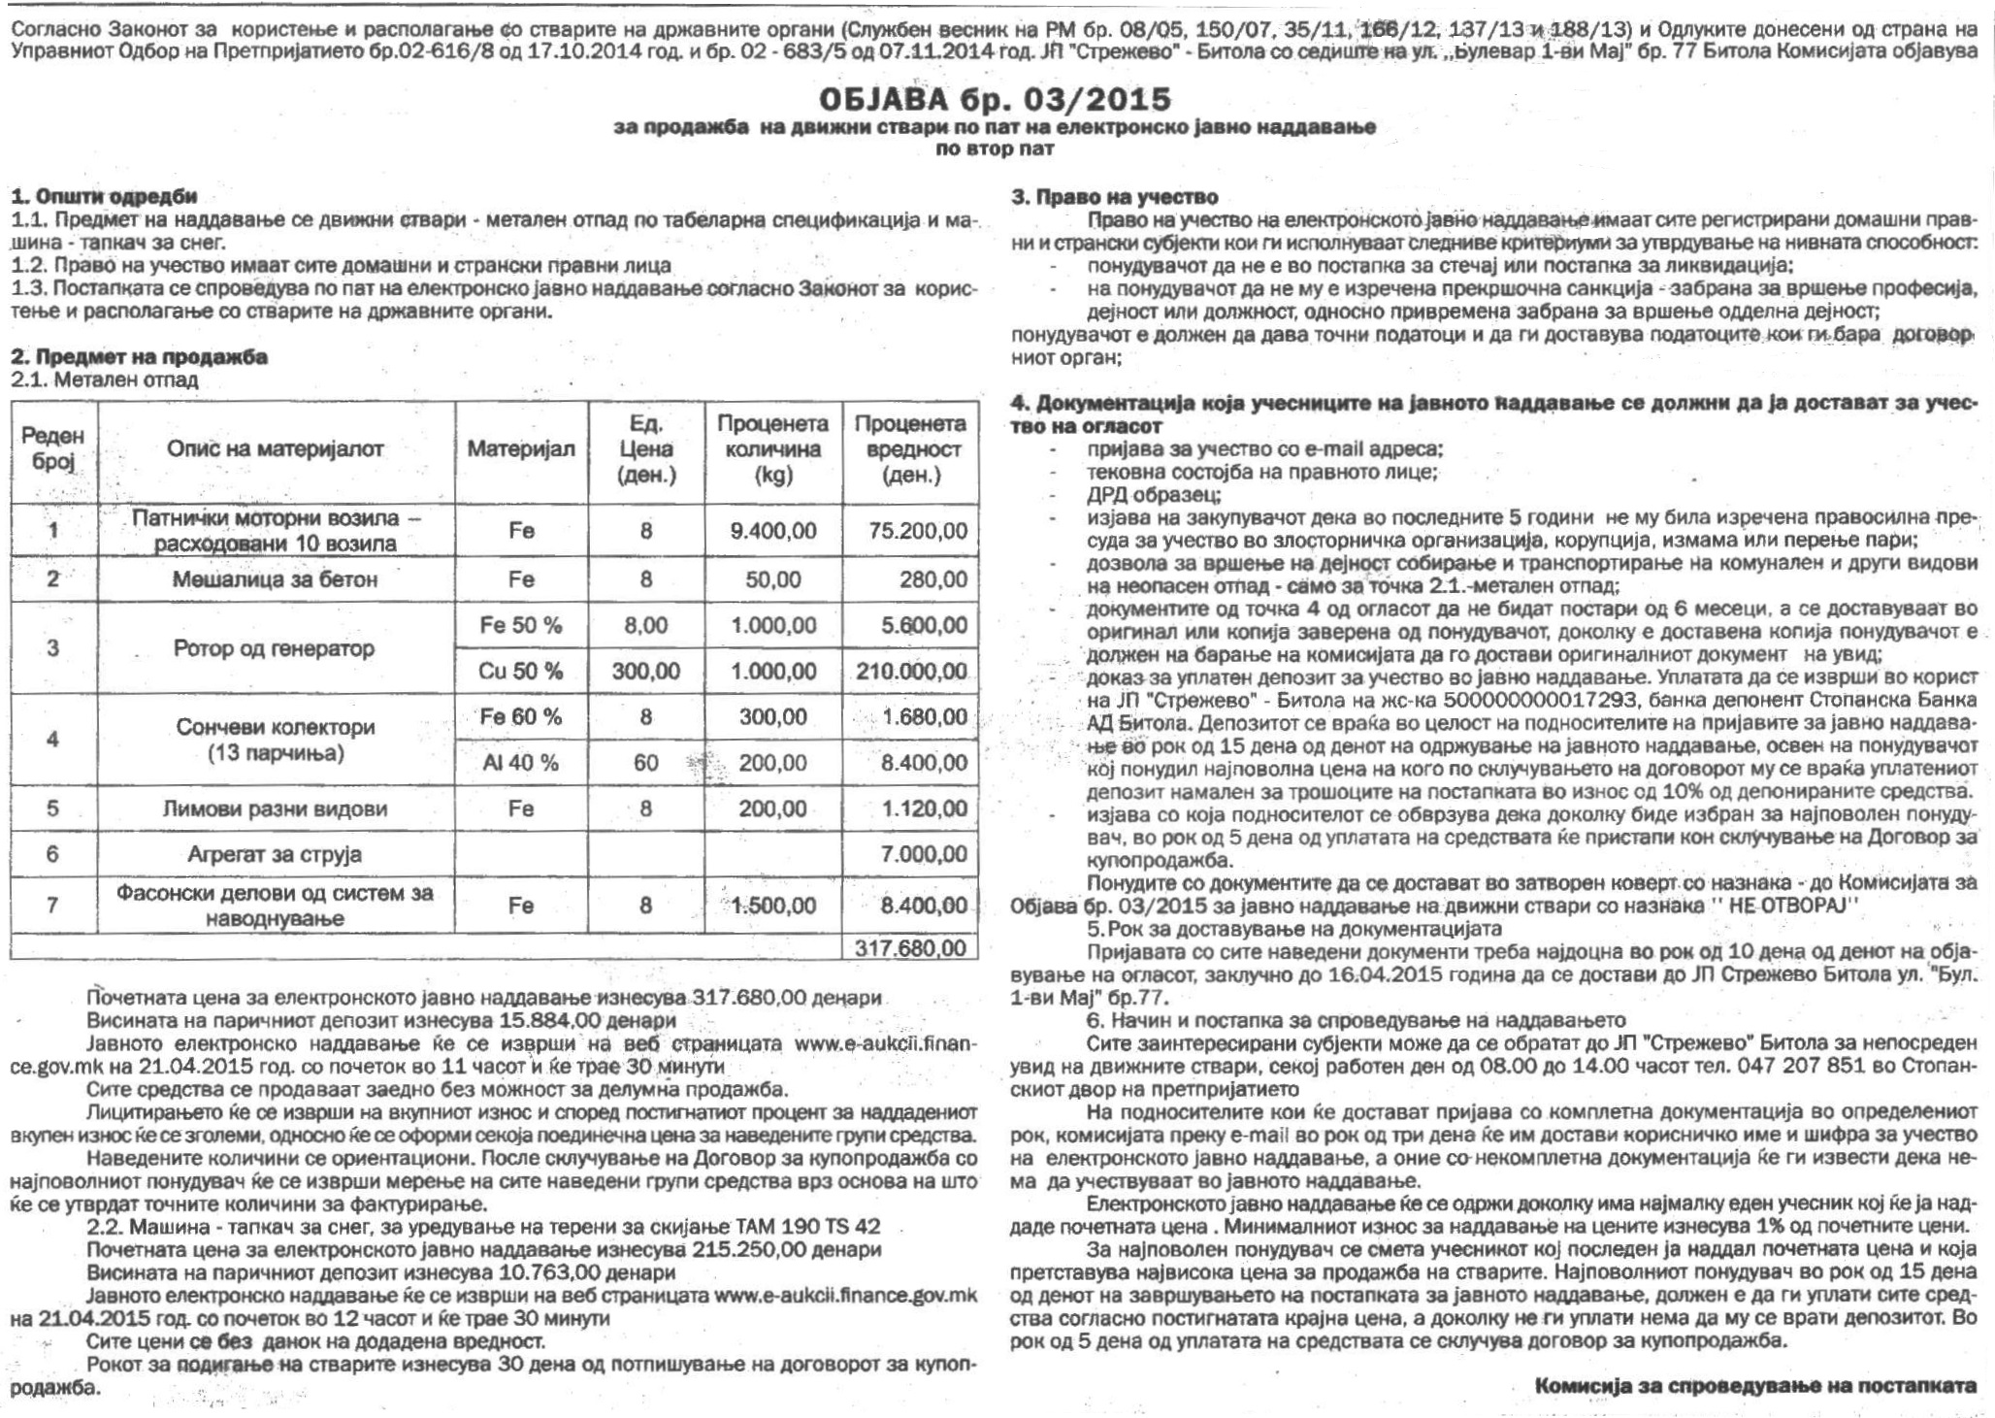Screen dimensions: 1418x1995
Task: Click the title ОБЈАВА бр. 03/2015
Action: pyautogui.click(x=996, y=99)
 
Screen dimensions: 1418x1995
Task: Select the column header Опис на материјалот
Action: pyautogui.click(x=276, y=448)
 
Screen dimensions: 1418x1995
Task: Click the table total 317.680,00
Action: pyautogui.click(x=910, y=947)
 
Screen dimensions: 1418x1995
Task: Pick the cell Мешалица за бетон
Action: pyautogui.click(x=275, y=579)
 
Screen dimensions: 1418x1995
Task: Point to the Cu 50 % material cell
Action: pyautogui.click(x=520, y=671)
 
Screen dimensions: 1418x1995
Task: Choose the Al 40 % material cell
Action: pyautogui.click(x=520, y=763)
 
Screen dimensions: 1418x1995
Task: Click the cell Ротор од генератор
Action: pyautogui.click(x=275, y=647)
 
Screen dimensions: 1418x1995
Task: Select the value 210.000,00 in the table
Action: pyautogui.click(x=911, y=671)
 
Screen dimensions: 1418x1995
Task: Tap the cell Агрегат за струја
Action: pyautogui.click(x=275, y=854)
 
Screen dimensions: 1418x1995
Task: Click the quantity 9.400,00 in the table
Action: pyautogui.click(x=773, y=531)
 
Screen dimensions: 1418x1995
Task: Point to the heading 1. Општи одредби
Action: pyautogui.click(x=104, y=197)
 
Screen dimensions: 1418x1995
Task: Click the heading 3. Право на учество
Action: pyautogui.click(x=1115, y=198)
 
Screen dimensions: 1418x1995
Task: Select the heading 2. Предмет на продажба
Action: pyautogui.click(x=139, y=356)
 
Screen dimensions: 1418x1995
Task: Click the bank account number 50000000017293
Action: pyautogui.click(x=1532, y=700)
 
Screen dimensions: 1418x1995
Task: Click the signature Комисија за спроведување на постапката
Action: pyautogui.click(x=1755, y=1384)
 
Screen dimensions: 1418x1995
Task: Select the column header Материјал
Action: pyautogui.click(x=520, y=448)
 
